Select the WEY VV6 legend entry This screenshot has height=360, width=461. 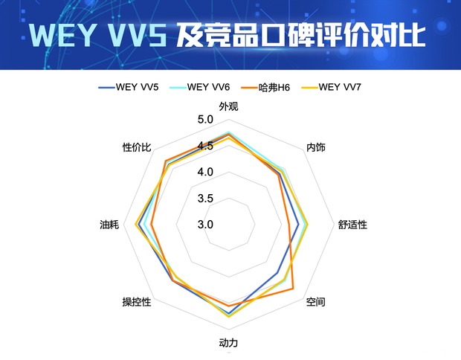[199, 88]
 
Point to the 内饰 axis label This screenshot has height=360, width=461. [316, 147]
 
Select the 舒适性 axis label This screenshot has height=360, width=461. [352, 225]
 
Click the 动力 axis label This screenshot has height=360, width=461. [229, 343]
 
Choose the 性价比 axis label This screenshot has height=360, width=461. [138, 147]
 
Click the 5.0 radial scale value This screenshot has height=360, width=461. [205, 120]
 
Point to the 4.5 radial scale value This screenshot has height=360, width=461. [205, 146]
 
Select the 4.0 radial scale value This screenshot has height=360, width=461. [205, 172]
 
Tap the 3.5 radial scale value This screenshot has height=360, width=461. [205, 199]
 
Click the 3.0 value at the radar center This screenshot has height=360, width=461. [205, 225]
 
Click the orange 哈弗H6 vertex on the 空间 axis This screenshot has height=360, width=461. [293, 289]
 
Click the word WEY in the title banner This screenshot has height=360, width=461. [66, 34]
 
